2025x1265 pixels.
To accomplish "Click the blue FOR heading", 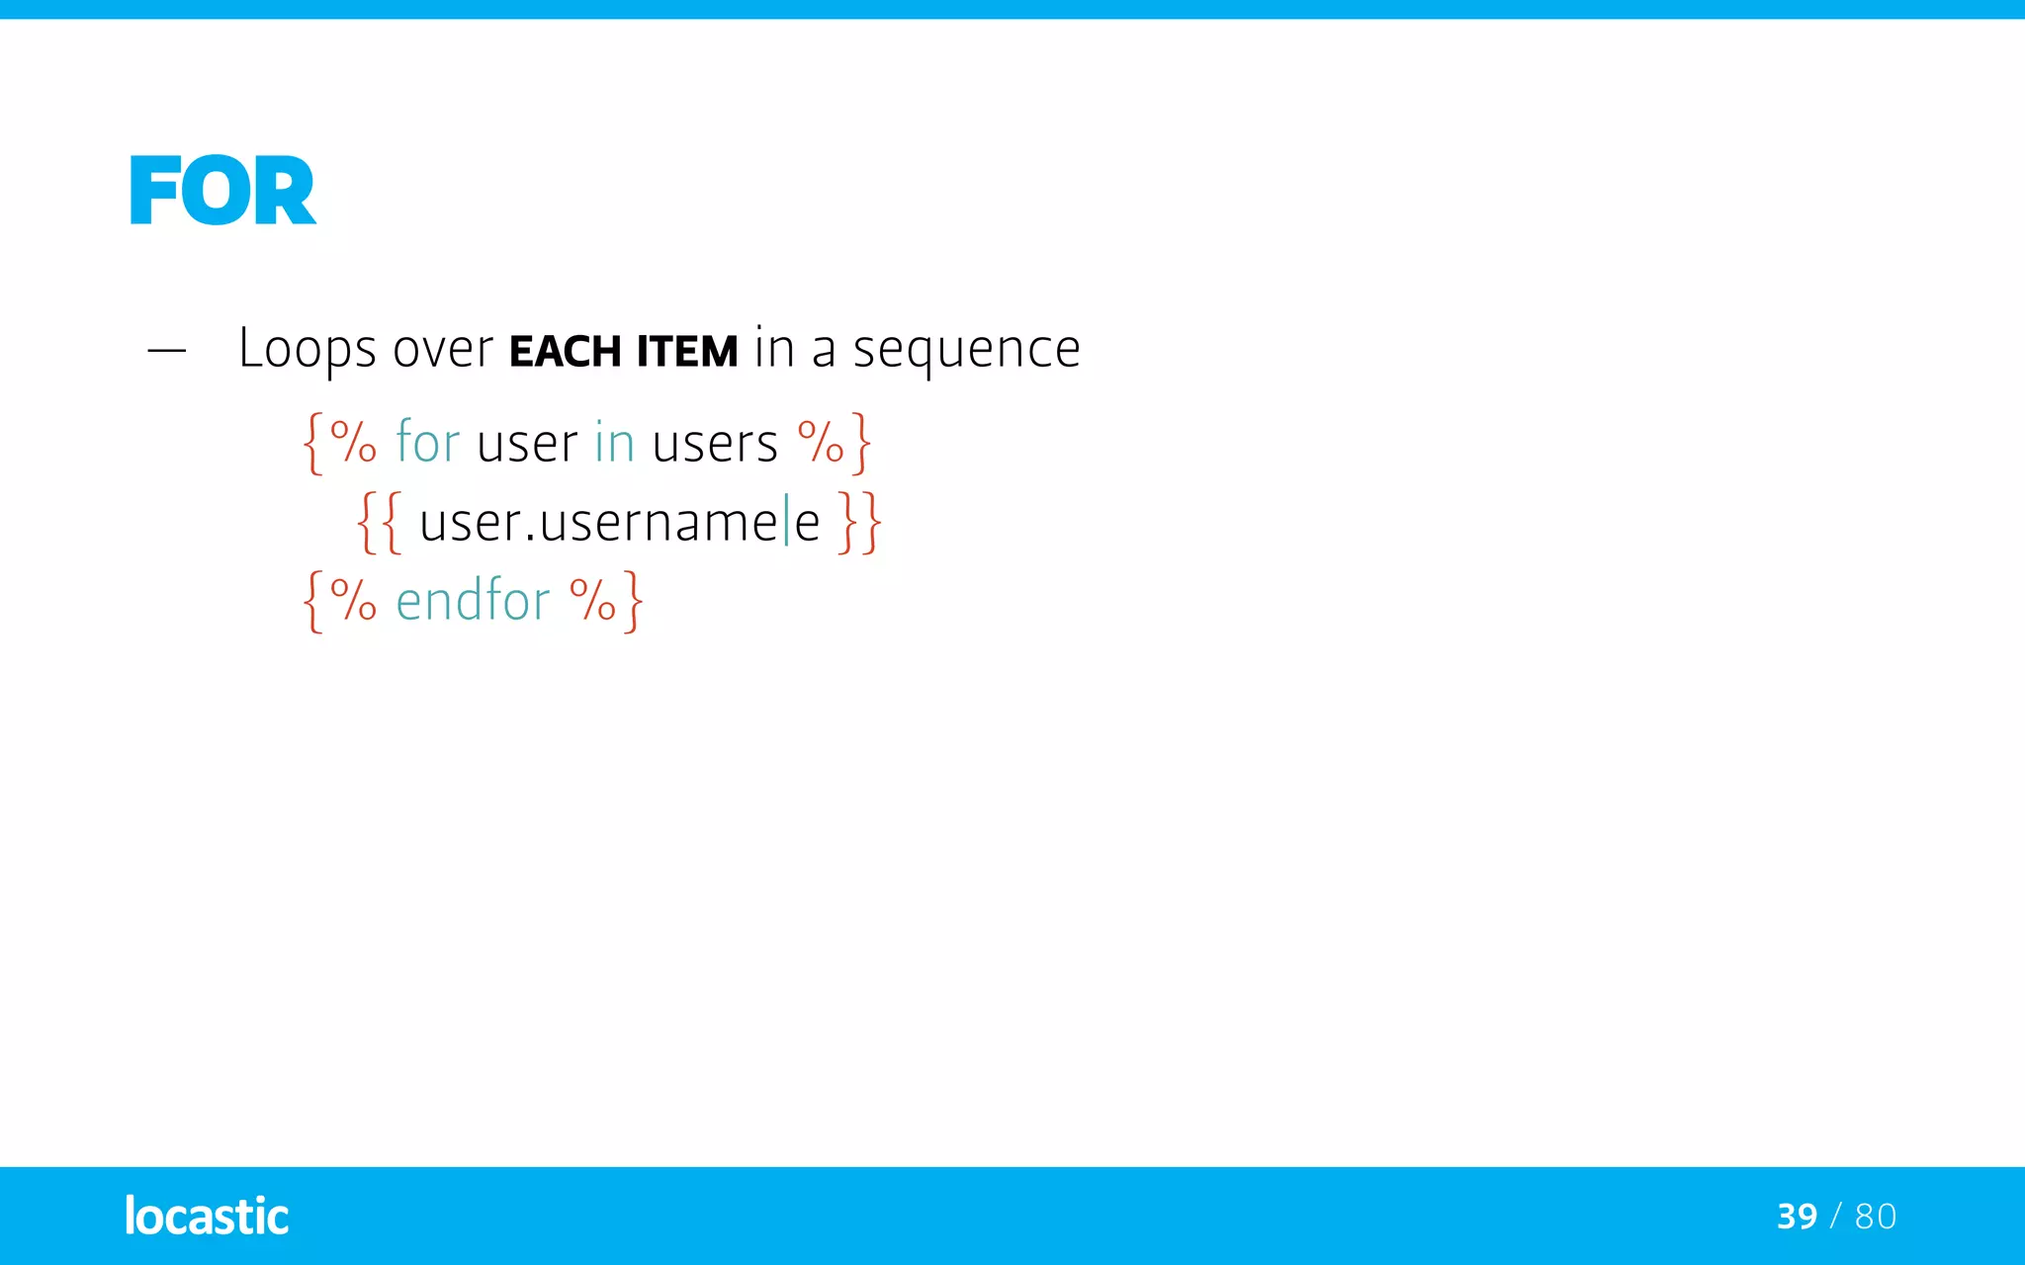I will (x=222, y=191).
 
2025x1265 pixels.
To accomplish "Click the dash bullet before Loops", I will (x=166, y=350).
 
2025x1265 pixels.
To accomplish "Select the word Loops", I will (x=308, y=350).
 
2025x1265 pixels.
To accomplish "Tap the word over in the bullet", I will (x=442, y=350).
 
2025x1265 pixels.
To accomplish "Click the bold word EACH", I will (x=565, y=352).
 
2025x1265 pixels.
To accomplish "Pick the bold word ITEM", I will (x=686, y=352).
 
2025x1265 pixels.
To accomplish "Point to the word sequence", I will (x=966, y=350).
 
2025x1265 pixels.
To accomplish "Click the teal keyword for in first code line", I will (x=427, y=442).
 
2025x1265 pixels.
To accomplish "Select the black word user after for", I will (x=526, y=444).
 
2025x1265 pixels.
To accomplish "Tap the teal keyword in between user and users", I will (x=614, y=442).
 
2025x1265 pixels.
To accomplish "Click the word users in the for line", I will (x=715, y=444).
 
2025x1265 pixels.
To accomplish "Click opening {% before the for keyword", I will (x=339, y=442).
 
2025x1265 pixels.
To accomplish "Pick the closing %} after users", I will (x=834, y=442).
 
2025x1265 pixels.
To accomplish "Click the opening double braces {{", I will (x=380, y=522).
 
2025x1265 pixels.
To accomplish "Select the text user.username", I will (x=597, y=523).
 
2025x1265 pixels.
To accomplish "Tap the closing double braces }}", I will (x=859, y=522).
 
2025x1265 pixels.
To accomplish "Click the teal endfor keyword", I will (x=473, y=600).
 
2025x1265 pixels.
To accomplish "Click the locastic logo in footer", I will (x=207, y=1216).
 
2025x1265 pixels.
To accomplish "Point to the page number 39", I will (x=1797, y=1217).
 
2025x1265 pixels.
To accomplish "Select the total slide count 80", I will (x=1876, y=1217).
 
